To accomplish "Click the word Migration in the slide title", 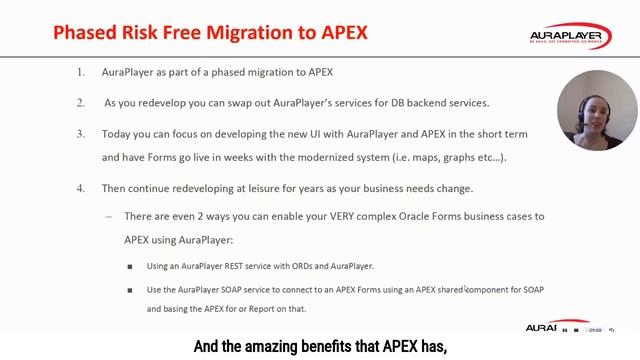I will coord(258,32).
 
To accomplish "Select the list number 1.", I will coord(81,73).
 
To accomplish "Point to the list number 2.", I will coord(81,103).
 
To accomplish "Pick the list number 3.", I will coord(81,133).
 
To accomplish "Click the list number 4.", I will coord(81,188).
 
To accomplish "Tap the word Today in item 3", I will coord(118,133).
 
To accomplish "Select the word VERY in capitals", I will coord(334,216).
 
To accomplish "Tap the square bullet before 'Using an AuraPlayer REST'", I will coord(129,266).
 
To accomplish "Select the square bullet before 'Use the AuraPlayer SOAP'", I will coord(129,290).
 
